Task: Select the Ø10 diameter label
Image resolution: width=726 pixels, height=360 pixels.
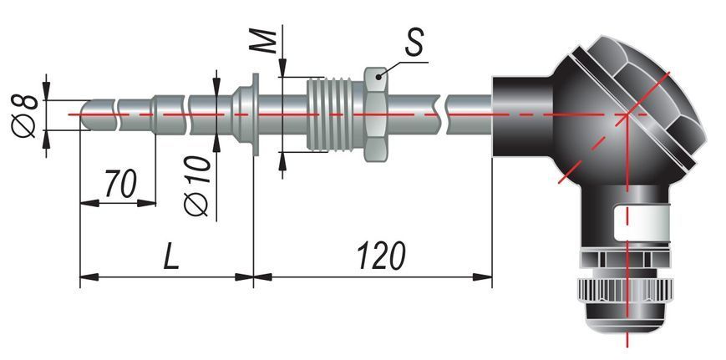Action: click(x=197, y=185)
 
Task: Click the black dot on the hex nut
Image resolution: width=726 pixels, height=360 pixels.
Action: click(x=378, y=77)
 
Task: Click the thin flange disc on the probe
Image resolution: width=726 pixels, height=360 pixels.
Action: click(x=255, y=114)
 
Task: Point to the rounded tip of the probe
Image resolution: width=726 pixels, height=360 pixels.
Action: click(x=86, y=114)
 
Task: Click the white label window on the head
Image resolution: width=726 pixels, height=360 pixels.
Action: click(x=642, y=224)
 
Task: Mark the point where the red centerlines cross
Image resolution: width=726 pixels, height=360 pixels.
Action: click(x=627, y=114)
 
